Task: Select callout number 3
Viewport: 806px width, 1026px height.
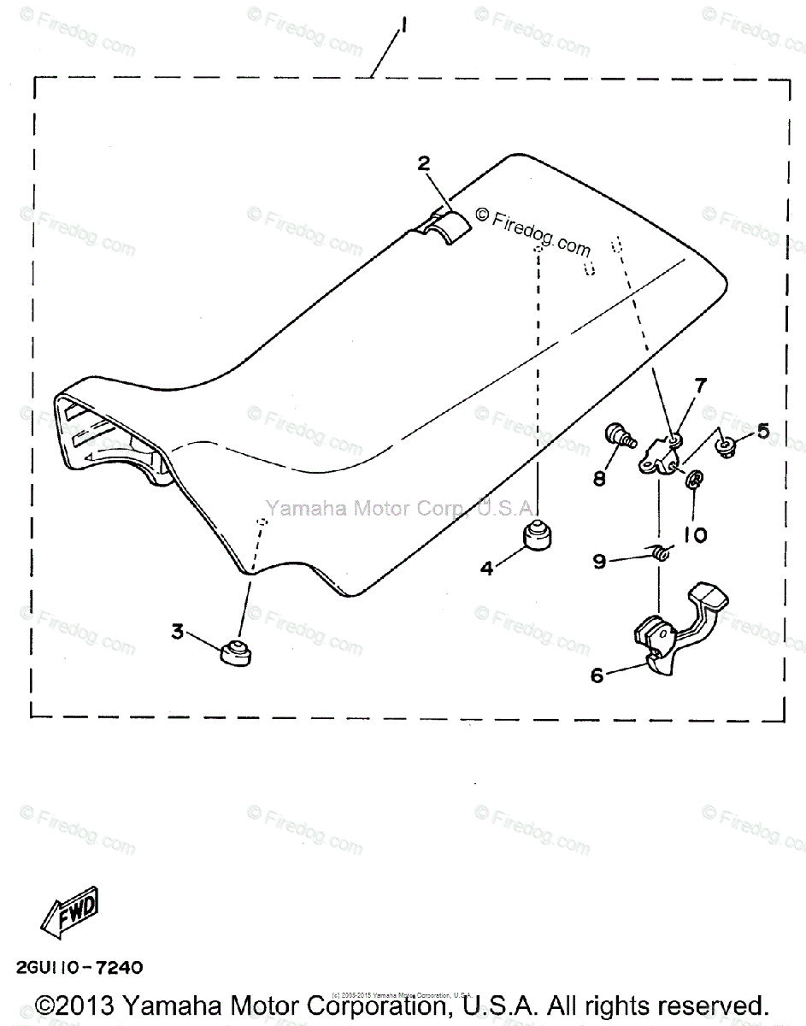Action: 177,632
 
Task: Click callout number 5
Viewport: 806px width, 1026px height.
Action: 762,431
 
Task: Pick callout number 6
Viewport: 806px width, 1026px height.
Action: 597,675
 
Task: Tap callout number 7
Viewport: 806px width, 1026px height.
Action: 700,386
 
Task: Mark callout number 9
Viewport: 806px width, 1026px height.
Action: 599,561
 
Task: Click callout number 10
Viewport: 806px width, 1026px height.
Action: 695,534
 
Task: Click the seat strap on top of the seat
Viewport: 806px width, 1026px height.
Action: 449,226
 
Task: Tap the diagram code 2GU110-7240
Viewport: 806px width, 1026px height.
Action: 78,968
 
